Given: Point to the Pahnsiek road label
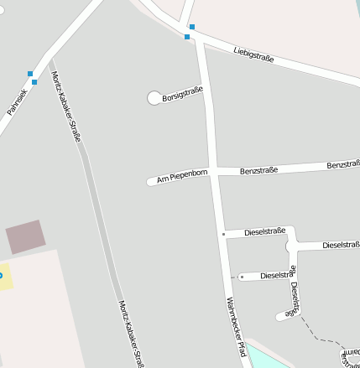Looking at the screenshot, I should (x=18, y=101).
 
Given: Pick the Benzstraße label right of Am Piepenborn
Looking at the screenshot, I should (x=258, y=170).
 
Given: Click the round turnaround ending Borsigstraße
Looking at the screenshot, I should (x=154, y=98).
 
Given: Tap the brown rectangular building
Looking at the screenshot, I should (x=24, y=236).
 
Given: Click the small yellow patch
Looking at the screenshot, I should (x=6, y=277).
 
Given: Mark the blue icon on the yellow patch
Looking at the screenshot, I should (x=1, y=275).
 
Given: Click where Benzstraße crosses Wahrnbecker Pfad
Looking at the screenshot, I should (x=216, y=172).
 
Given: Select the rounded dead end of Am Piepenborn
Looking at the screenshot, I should (x=151, y=181).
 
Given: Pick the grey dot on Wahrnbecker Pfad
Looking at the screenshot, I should (x=223, y=234).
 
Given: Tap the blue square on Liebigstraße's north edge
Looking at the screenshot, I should (x=192, y=27).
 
